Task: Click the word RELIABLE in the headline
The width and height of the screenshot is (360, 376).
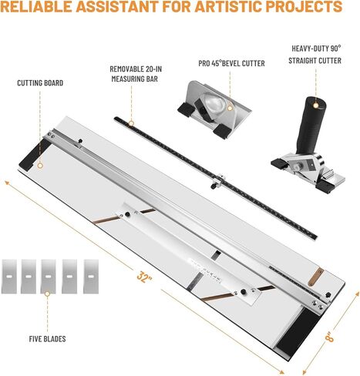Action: (x=36, y=7)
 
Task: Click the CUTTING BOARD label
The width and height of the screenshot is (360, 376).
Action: (x=40, y=83)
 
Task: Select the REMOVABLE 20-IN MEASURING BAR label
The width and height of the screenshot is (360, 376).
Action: (x=136, y=74)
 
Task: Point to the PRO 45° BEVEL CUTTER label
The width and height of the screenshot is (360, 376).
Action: (x=231, y=63)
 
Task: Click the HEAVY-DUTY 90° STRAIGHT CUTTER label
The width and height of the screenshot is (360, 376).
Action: (x=315, y=55)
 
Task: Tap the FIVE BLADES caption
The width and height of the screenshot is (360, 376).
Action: (x=47, y=339)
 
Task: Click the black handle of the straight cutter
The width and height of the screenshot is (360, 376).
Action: (x=311, y=126)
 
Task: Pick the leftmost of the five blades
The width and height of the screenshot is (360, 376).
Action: (x=9, y=277)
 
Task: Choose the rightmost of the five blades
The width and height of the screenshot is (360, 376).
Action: (x=91, y=277)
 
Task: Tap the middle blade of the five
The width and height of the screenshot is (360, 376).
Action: (x=49, y=277)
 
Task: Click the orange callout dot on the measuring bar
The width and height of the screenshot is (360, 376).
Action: (x=131, y=123)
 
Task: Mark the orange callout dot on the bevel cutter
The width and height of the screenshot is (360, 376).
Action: (x=230, y=108)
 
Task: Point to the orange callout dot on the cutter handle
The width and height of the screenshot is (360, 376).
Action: (x=315, y=105)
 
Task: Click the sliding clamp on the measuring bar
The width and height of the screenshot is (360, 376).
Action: (x=218, y=181)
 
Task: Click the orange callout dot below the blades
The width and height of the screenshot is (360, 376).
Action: (x=47, y=294)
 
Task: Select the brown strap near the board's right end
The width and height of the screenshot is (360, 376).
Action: (x=315, y=277)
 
